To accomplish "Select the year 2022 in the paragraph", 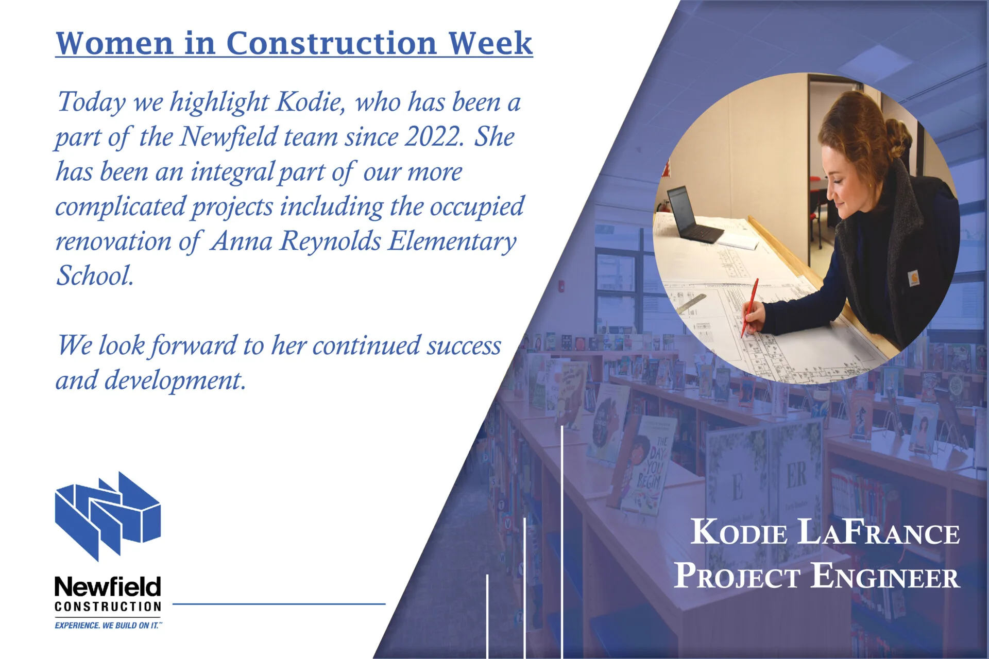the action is (434, 137).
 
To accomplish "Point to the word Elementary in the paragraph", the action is (452, 242).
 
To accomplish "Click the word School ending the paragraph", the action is (95, 275).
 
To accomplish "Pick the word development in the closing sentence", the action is (175, 381).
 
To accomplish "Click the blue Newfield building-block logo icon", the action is (108, 516).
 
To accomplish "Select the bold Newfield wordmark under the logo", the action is (108, 586).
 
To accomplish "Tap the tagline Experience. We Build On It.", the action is (108, 626).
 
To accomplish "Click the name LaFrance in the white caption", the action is (878, 532).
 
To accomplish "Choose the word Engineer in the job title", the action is (885, 576).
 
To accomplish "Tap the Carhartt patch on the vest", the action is (913, 279).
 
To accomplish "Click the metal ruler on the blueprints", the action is (691, 304).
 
